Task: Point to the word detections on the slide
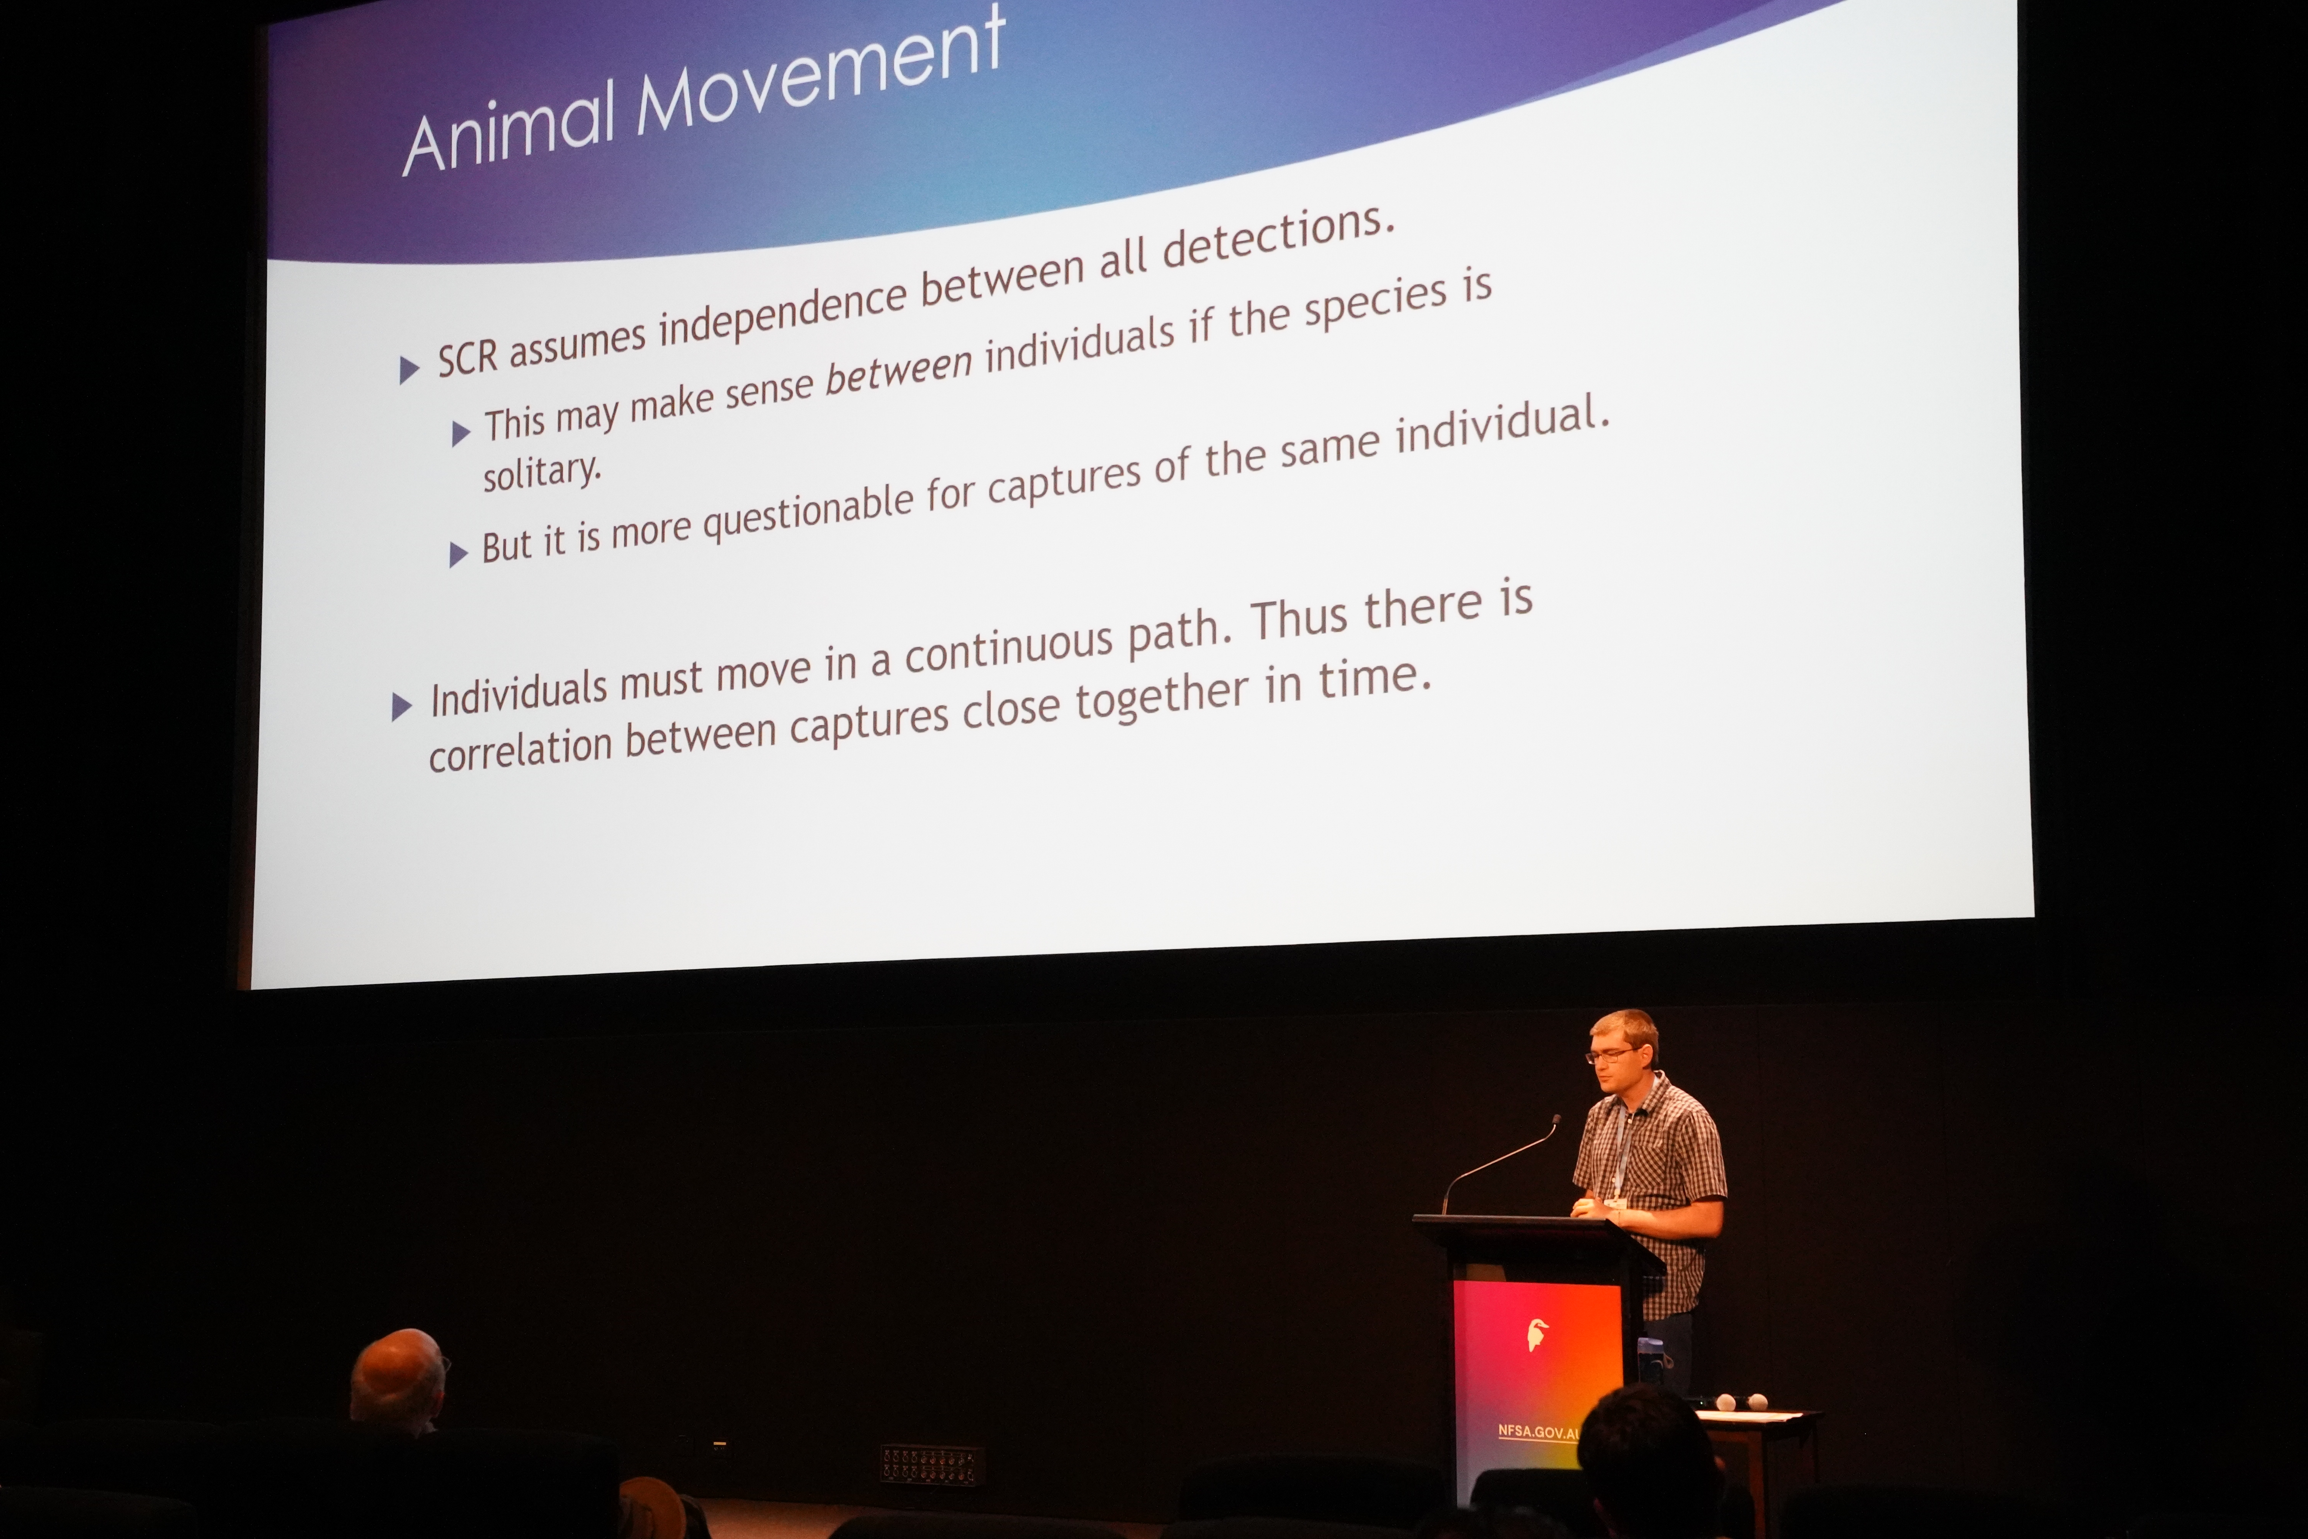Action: (x=1277, y=235)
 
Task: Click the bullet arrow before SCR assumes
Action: (x=409, y=370)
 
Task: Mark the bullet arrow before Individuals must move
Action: (x=401, y=707)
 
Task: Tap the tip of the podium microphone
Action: (x=1556, y=1119)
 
